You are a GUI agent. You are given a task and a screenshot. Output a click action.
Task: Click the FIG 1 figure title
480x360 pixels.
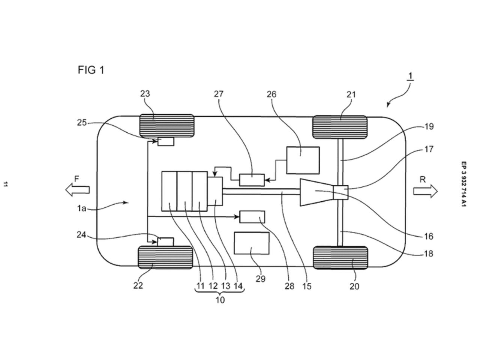point(91,70)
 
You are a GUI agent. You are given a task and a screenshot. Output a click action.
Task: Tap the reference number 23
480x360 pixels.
point(145,94)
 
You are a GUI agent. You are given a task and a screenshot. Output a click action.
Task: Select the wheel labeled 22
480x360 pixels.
point(165,257)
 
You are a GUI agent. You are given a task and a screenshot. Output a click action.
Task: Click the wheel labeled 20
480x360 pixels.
point(340,258)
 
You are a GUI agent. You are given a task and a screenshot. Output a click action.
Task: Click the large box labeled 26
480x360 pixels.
point(303,160)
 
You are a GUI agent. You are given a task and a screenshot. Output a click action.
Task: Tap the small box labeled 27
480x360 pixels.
point(252,180)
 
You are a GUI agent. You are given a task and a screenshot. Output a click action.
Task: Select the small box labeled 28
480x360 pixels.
point(252,217)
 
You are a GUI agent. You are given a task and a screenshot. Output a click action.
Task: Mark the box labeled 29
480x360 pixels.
point(252,243)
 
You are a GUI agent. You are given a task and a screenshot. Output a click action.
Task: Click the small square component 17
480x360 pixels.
point(340,192)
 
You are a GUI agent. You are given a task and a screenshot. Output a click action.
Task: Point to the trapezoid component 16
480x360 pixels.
point(316,192)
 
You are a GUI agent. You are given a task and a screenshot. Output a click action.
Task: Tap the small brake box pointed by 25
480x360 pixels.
point(166,141)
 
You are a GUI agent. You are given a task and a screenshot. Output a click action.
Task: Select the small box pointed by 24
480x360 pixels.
point(165,241)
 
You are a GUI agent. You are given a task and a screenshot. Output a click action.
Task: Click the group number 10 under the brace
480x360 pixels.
point(220,300)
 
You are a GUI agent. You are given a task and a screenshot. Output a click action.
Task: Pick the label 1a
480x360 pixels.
point(82,208)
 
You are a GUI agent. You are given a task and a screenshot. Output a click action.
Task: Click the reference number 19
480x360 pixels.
point(429,126)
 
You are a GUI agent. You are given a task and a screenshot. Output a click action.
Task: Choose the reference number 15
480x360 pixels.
point(307,286)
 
